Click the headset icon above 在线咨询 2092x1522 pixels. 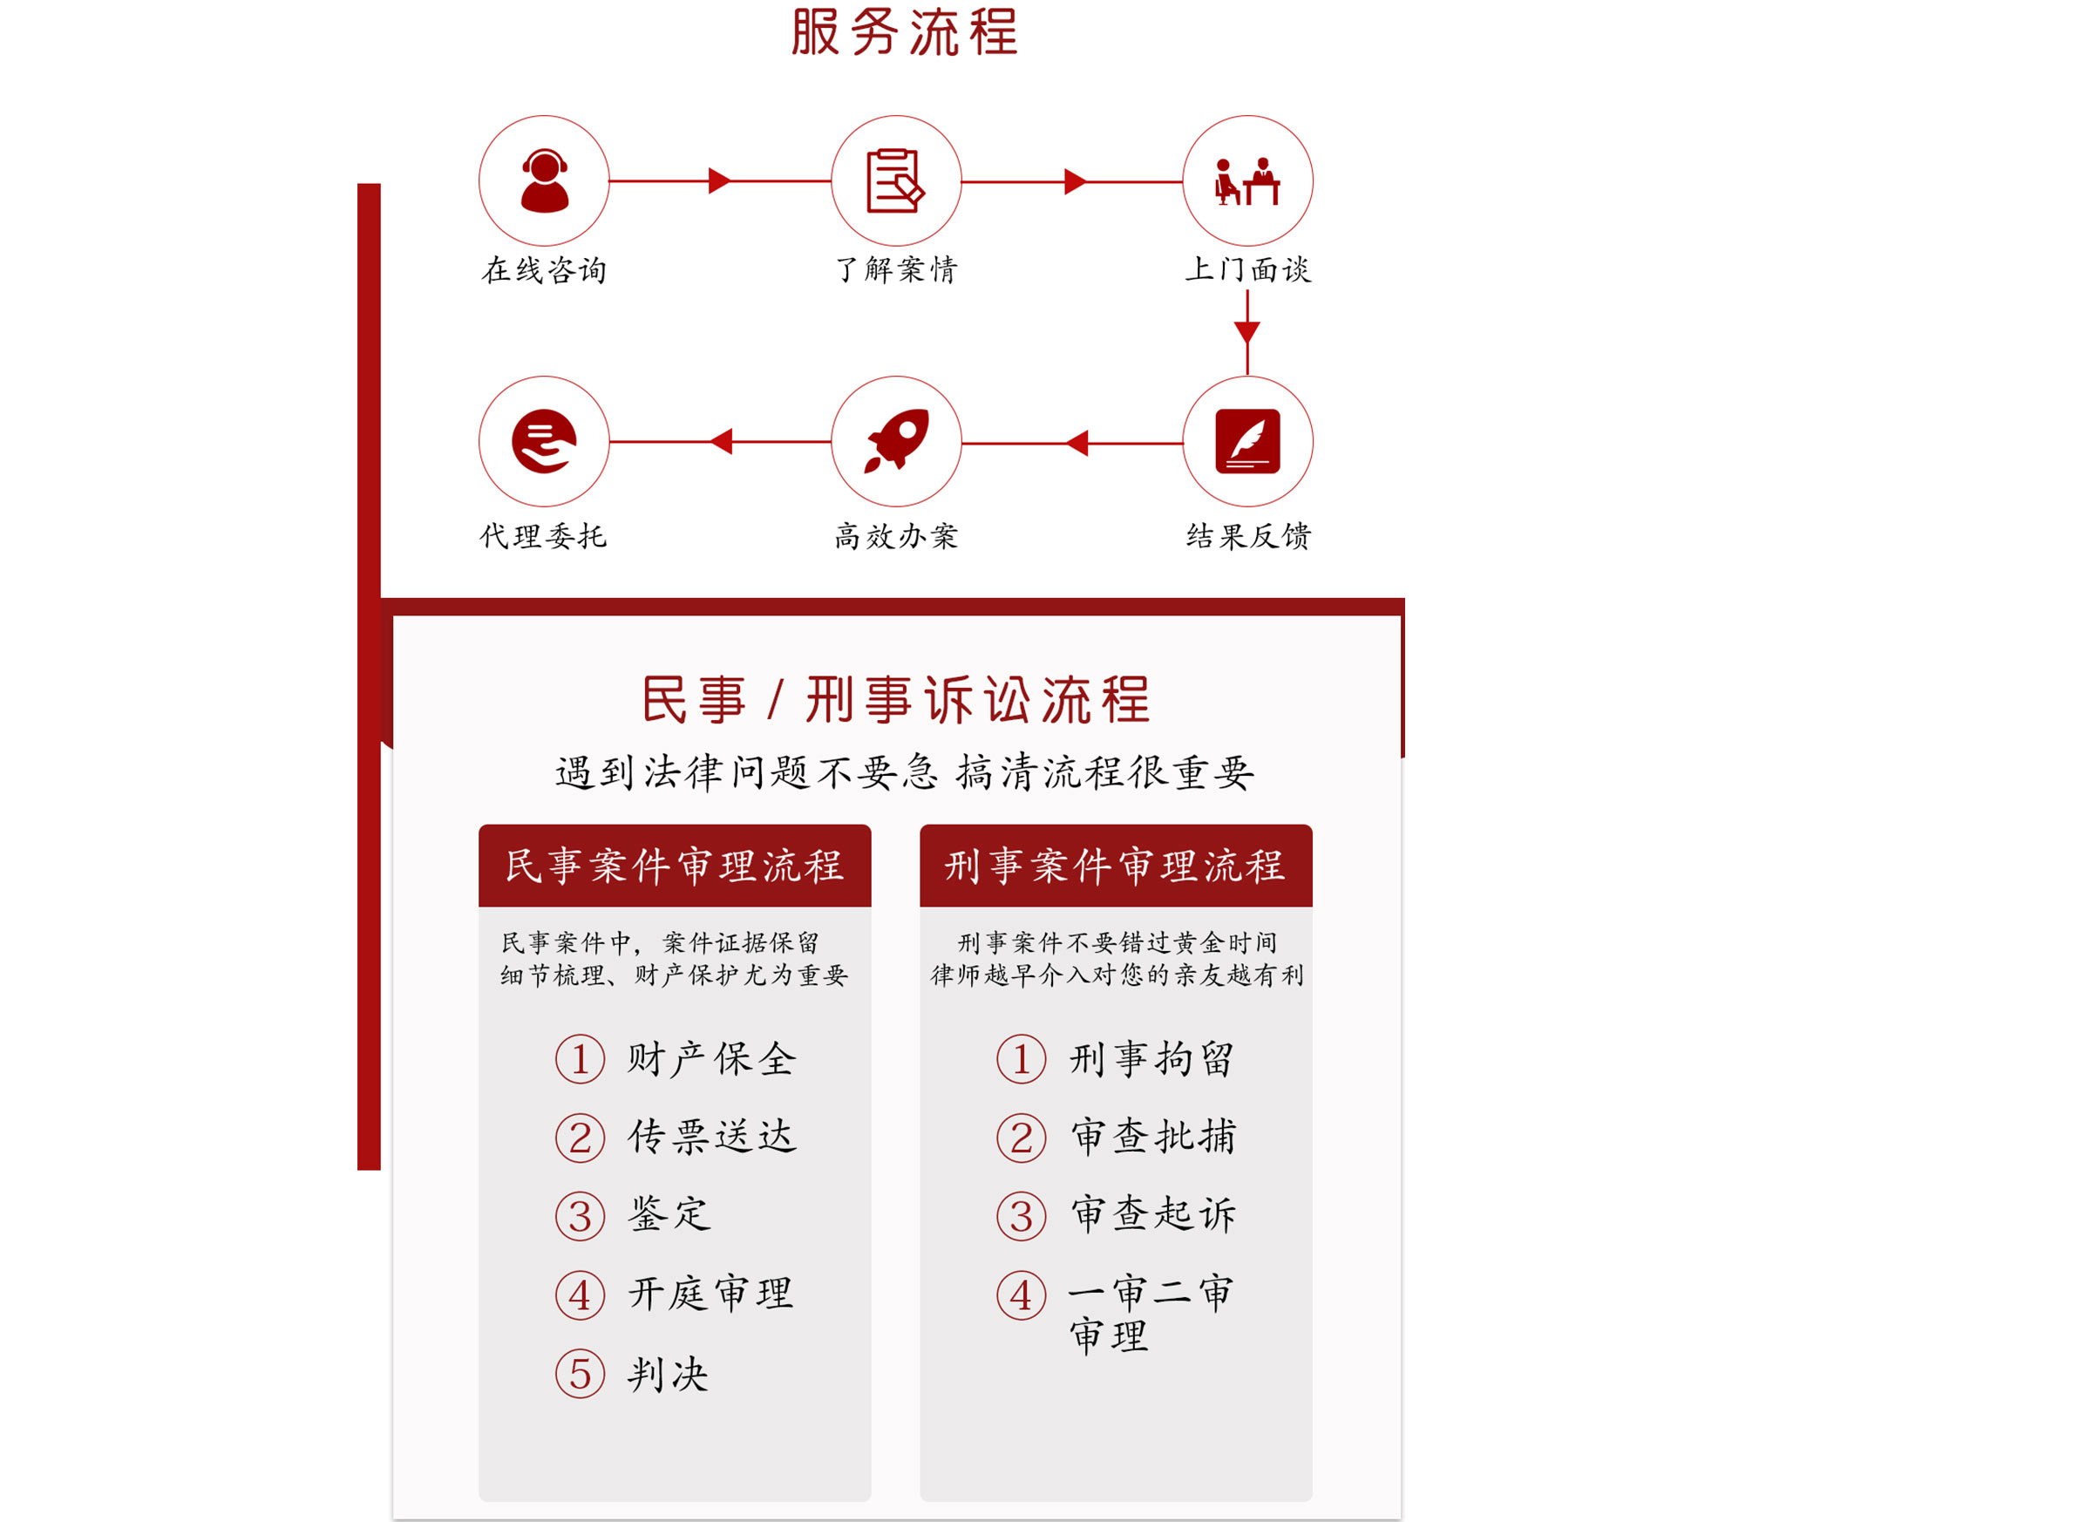pyautogui.click(x=544, y=180)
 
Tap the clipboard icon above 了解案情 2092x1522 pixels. pyautogui.click(x=894, y=180)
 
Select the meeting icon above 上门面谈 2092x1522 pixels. pyautogui.click(x=1247, y=180)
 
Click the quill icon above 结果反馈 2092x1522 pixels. pyautogui.click(x=1247, y=441)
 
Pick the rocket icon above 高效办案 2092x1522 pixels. pyautogui.click(x=896, y=441)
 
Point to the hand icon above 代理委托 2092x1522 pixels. pyautogui.click(x=544, y=441)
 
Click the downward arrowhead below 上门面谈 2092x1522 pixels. pyautogui.click(x=1247, y=332)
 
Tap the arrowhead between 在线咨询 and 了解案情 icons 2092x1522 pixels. pyautogui.click(x=719, y=180)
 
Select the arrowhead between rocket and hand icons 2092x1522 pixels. pyautogui.click(x=722, y=442)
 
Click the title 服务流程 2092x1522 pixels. pyautogui.click(x=904, y=32)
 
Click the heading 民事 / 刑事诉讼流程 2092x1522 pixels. pyautogui.click(x=896, y=699)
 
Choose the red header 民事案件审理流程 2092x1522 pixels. pyautogui.click(x=675, y=866)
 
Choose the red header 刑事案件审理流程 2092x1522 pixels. pyautogui.click(x=1115, y=866)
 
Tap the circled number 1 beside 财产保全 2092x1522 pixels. pyautogui.click(x=581, y=1059)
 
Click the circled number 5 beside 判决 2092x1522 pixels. pyautogui.click(x=581, y=1374)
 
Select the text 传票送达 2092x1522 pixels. pyautogui.click(x=711, y=1137)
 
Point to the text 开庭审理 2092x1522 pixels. pyautogui.click(x=711, y=1294)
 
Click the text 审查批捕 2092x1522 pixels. pyautogui.click(x=1153, y=1137)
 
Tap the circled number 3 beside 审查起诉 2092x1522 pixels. pyautogui.click(x=1021, y=1216)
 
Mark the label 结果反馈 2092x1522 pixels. pyautogui.click(x=1248, y=536)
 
